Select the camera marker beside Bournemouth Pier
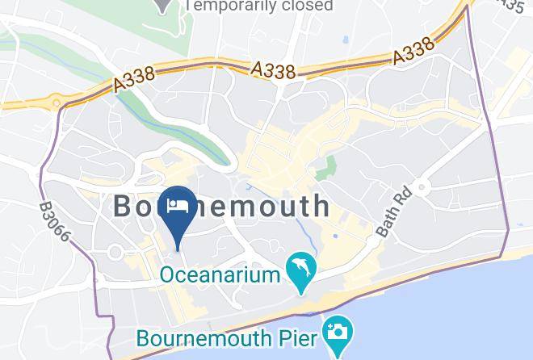pos(334,332)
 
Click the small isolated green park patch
pos(326,168)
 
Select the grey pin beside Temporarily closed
pos(165,4)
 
